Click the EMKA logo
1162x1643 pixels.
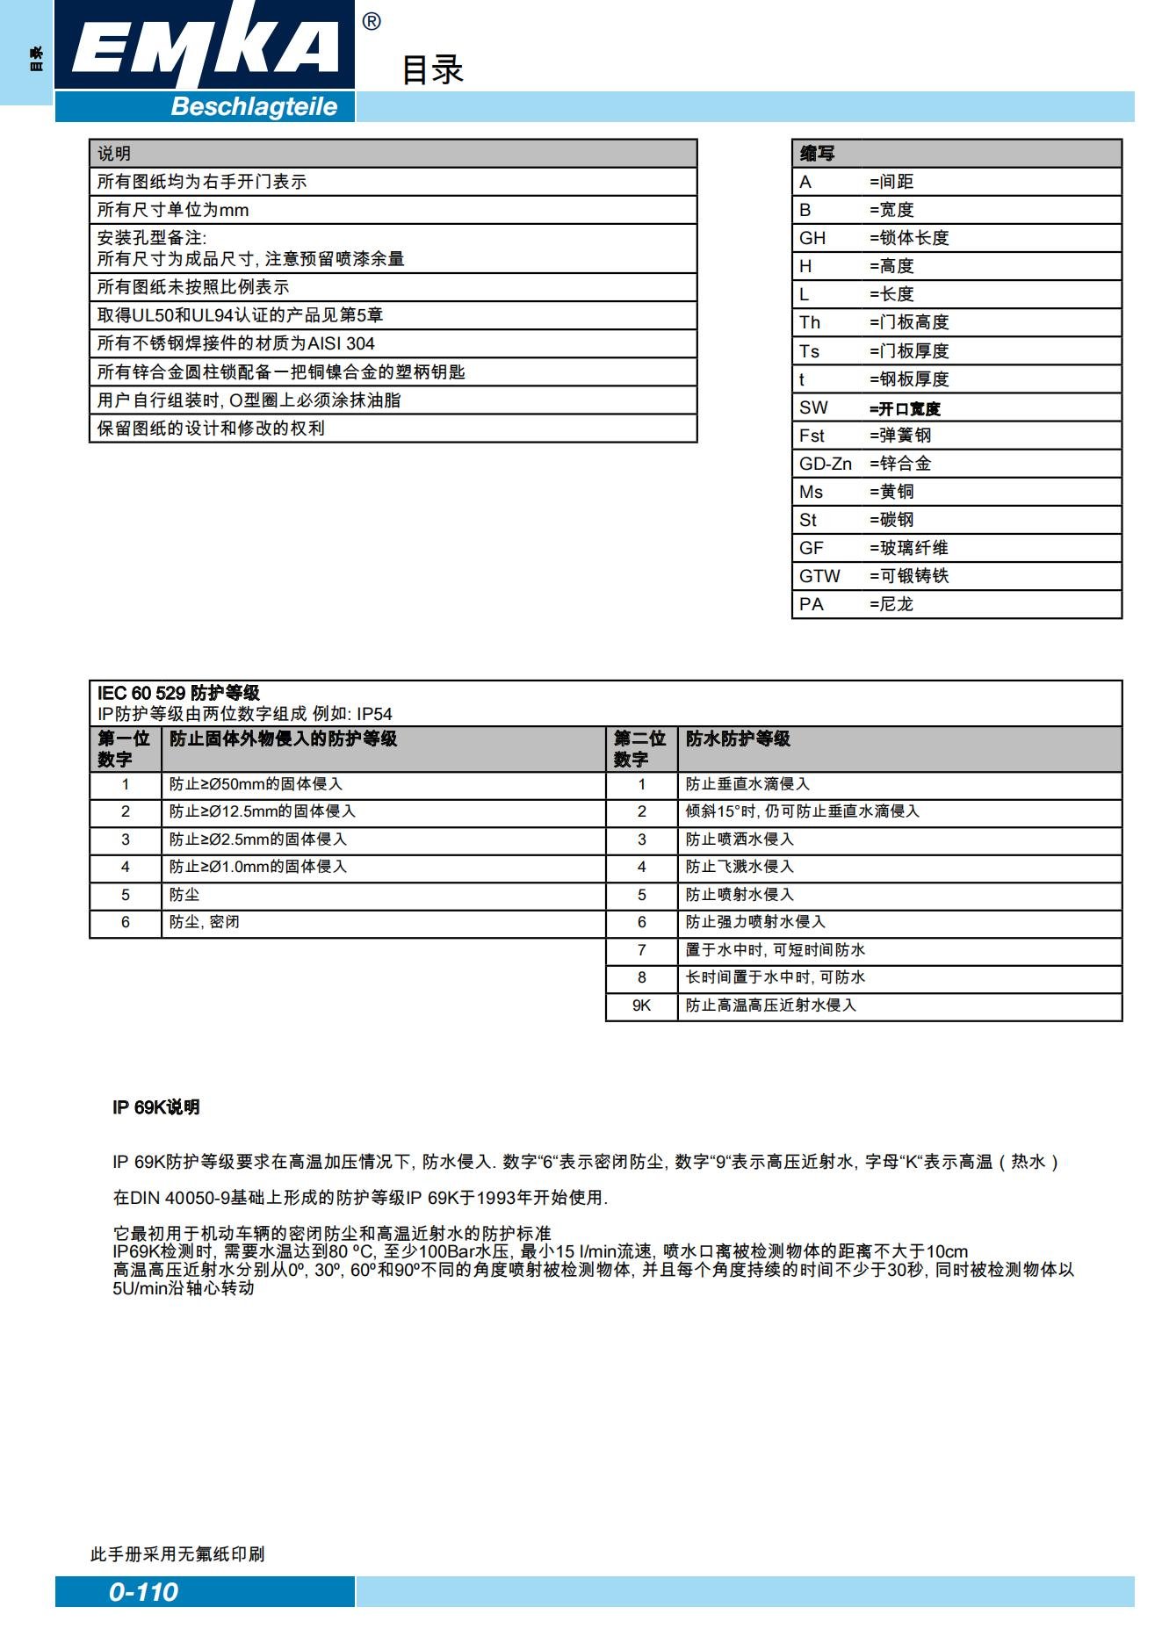[x=205, y=46]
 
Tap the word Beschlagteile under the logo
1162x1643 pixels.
[x=254, y=107]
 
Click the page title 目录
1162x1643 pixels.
[x=432, y=70]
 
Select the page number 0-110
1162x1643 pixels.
[x=143, y=1591]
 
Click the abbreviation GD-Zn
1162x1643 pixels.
[x=825, y=464]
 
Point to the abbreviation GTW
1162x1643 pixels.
[x=819, y=576]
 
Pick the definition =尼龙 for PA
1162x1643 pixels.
[x=891, y=604]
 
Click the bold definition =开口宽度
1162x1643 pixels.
[x=905, y=408]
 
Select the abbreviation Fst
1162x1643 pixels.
[x=812, y=436]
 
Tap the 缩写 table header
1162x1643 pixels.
[x=817, y=154]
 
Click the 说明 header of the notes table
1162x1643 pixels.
[x=114, y=154]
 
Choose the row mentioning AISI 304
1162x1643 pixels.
[x=236, y=343]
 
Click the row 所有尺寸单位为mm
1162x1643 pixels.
[x=173, y=210]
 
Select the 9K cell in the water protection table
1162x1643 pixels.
[x=641, y=1005]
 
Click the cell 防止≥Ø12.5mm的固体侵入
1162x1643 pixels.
[x=263, y=811]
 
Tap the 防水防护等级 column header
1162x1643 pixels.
[x=738, y=739]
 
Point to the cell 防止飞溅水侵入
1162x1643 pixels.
[x=740, y=867]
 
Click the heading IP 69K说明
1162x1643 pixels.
[x=156, y=1107]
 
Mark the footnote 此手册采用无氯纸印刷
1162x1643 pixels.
[x=177, y=1553]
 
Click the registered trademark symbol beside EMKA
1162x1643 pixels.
[x=372, y=22]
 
